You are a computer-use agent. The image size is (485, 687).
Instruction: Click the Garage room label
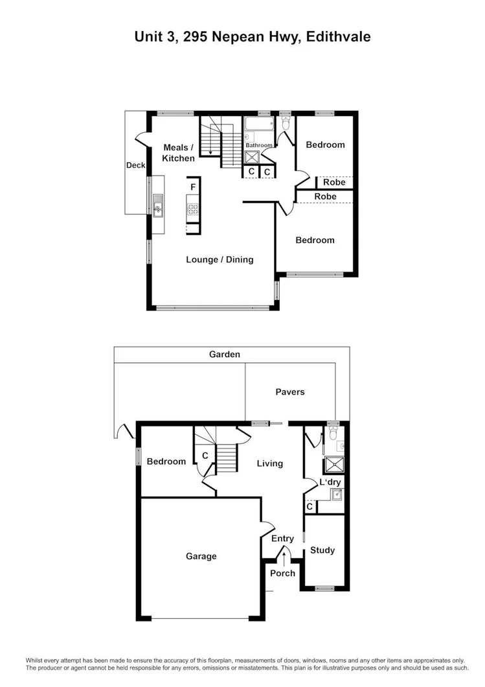201,556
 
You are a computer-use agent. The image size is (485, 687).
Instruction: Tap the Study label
322,550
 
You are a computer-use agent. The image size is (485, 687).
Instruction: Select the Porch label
282,573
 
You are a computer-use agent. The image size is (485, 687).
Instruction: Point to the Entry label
282,539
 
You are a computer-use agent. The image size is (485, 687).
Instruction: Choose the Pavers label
289,392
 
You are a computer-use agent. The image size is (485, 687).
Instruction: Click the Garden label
225,355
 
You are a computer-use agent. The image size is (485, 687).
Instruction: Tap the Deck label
135,165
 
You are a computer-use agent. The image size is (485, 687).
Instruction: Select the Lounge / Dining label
220,260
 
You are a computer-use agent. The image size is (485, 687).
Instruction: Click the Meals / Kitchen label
178,153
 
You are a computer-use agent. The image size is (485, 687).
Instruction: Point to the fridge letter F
193,187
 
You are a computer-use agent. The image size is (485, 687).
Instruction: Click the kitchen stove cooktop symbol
192,209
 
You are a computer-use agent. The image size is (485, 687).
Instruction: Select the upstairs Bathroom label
258,145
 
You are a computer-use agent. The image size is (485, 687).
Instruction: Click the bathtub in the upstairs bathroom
260,124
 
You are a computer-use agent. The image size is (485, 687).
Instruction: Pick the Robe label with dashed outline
334,183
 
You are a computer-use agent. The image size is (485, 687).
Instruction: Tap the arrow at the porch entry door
284,555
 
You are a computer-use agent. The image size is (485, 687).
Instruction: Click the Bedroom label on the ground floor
166,462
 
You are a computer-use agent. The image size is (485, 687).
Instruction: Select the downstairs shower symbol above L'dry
335,463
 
